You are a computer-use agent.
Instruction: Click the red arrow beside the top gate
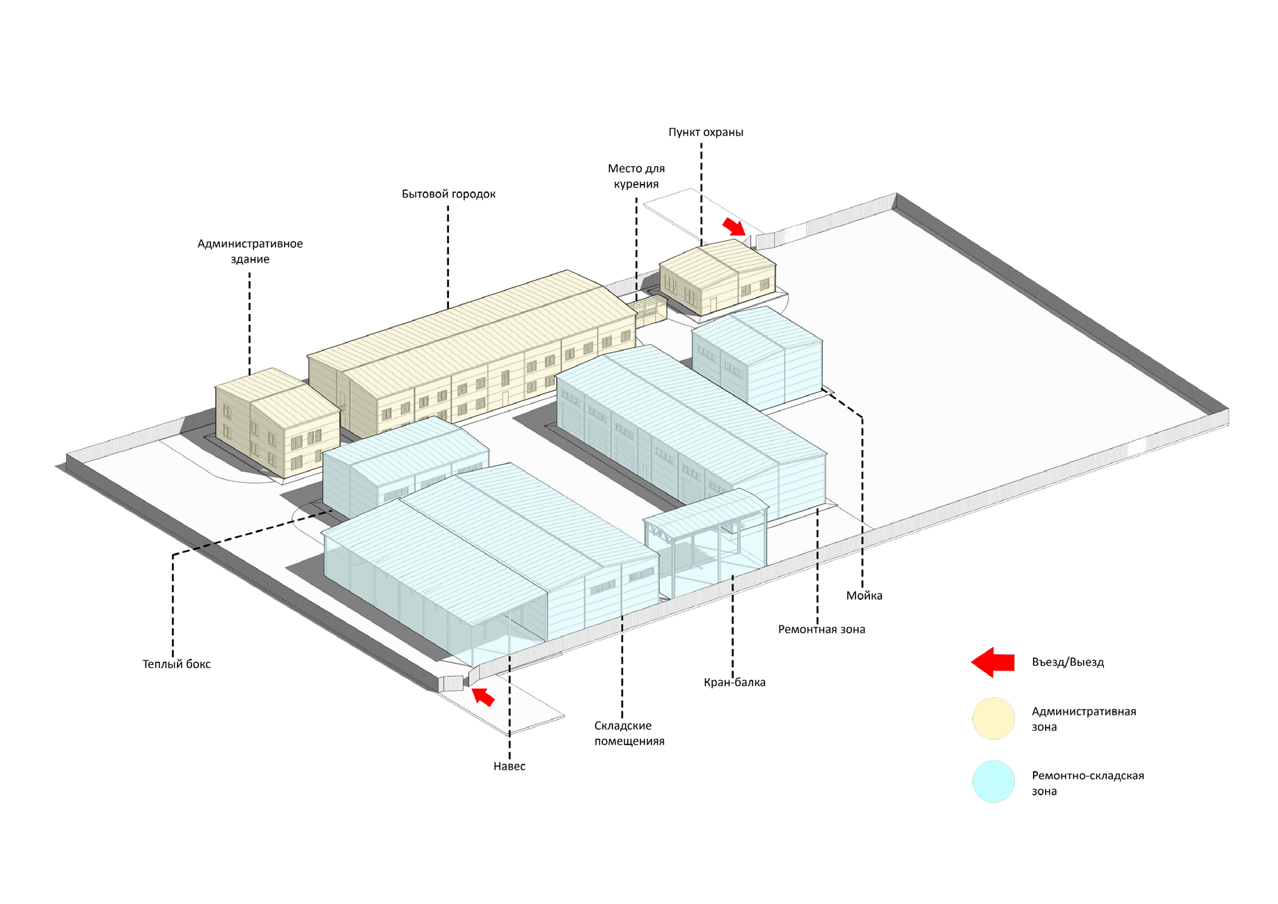point(734,226)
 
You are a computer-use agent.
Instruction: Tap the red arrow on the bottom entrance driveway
point(483,696)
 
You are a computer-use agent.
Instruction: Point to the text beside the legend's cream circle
point(1082,719)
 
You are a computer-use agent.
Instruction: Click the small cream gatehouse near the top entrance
point(717,275)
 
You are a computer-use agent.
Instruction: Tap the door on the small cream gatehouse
point(713,304)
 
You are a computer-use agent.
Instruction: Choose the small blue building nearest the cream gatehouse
point(757,355)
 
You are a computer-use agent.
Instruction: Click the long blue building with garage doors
point(689,432)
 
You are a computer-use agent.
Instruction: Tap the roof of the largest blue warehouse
point(480,536)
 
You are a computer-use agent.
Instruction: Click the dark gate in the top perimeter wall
point(795,231)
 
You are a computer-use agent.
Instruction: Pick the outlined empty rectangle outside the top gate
point(689,212)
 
